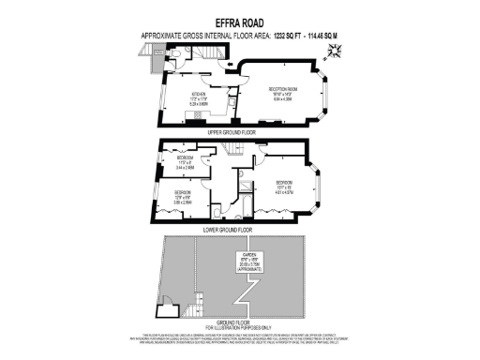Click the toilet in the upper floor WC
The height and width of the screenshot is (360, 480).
pyautogui.click(x=176, y=57)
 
